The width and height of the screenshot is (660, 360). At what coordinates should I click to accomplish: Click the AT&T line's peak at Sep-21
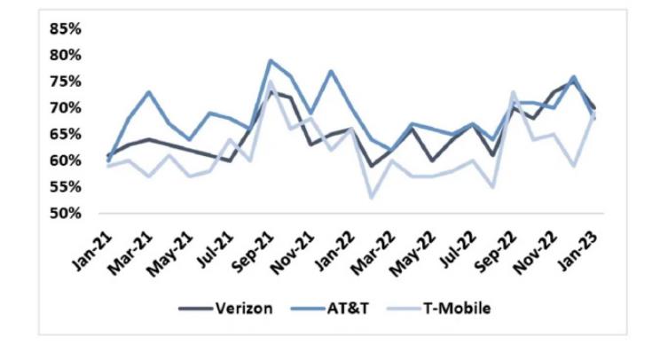click(x=270, y=60)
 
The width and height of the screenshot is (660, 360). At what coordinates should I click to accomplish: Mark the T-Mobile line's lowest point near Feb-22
click(x=371, y=198)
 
